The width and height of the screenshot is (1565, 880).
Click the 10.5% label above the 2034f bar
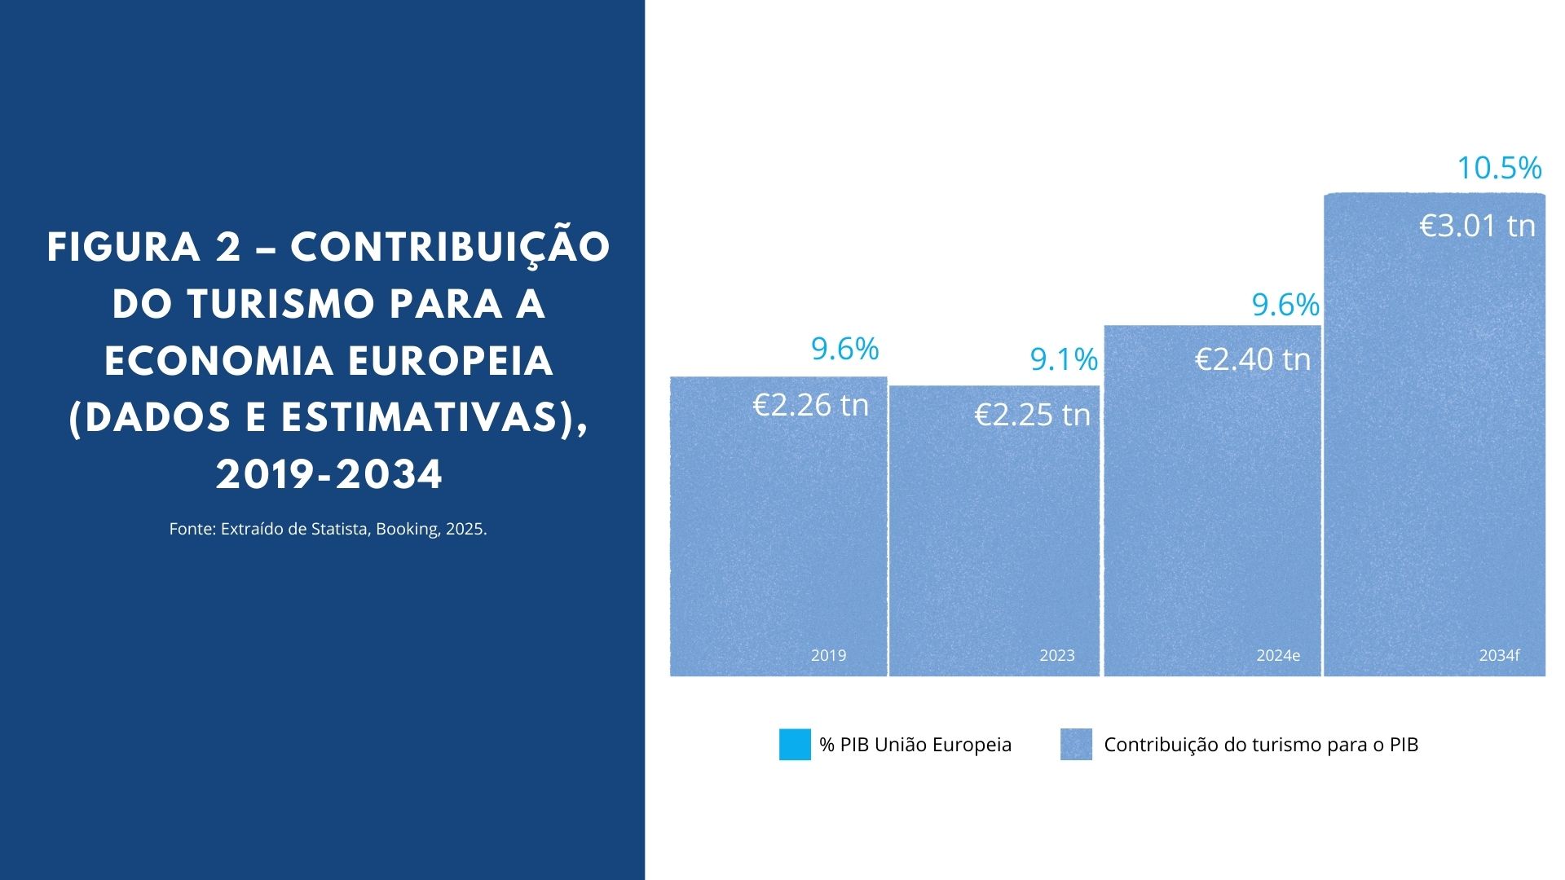(1499, 168)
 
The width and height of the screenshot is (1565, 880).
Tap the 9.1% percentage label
(1064, 359)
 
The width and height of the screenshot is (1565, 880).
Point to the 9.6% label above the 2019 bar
(844, 349)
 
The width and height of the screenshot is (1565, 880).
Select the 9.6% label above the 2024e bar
(1285, 305)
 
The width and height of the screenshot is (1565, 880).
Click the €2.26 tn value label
(810, 405)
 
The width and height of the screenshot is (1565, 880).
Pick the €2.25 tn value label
(1032, 415)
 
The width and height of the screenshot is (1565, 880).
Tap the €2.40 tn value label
(1253, 359)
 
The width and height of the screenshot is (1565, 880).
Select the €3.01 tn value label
(1477, 226)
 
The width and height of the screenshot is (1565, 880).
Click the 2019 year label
(828, 655)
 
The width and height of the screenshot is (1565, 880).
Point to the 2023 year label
(1057, 655)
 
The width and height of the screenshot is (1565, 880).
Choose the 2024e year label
(1278, 655)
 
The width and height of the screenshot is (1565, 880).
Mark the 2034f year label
(1499, 655)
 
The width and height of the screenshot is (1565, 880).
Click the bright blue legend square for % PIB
(795, 744)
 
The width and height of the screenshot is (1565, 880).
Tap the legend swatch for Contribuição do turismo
(1076, 744)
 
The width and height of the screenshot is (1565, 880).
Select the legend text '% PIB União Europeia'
(915, 745)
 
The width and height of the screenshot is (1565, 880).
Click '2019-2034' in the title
(329, 475)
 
